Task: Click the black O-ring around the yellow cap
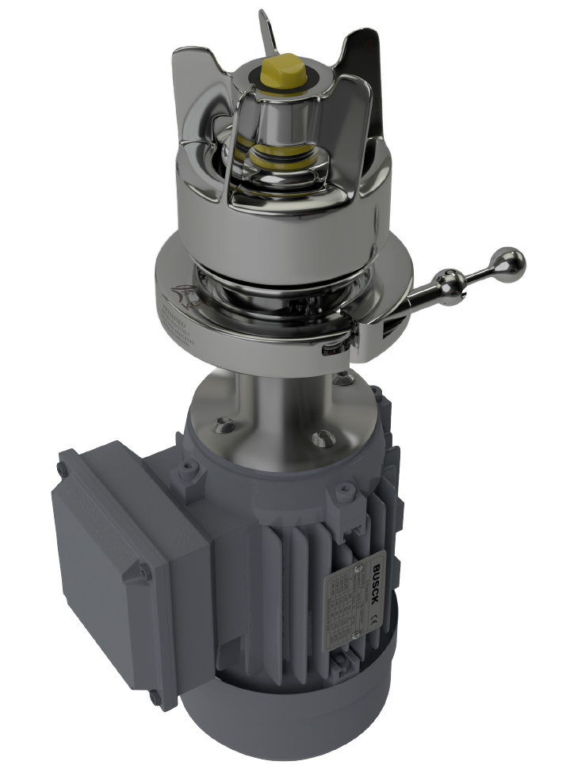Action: [x=262, y=75]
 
